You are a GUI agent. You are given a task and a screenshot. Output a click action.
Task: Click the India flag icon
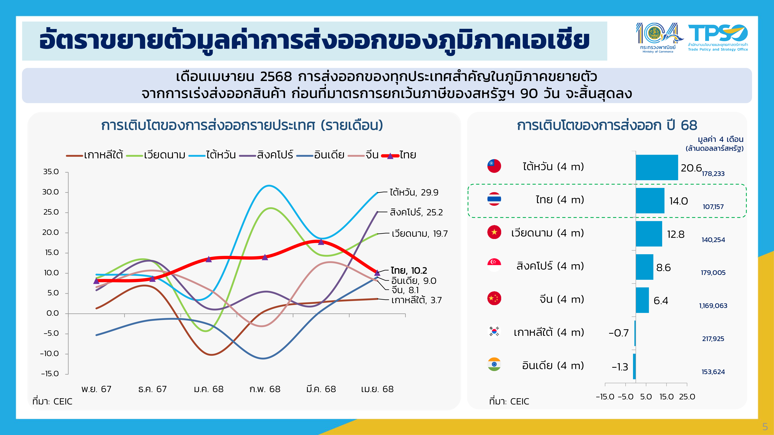tap(494, 364)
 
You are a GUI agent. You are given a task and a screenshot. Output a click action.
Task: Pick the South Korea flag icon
tap(494, 331)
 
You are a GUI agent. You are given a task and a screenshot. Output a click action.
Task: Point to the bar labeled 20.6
tap(657, 167)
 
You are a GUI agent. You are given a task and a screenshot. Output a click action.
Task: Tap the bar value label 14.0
tap(678, 201)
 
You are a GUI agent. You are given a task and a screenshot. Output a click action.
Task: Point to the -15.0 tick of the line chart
tap(50, 374)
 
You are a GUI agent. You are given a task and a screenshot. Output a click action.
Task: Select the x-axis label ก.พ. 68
tap(265, 389)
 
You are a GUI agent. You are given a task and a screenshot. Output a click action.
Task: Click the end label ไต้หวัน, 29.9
tap(414, 192)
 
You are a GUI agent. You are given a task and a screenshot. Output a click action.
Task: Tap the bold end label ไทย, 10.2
tap(409, 270)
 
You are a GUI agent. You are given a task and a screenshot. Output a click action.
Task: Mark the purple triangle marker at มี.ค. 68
tap(321, 242)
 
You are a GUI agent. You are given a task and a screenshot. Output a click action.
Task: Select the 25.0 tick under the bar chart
tap(687, 397)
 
